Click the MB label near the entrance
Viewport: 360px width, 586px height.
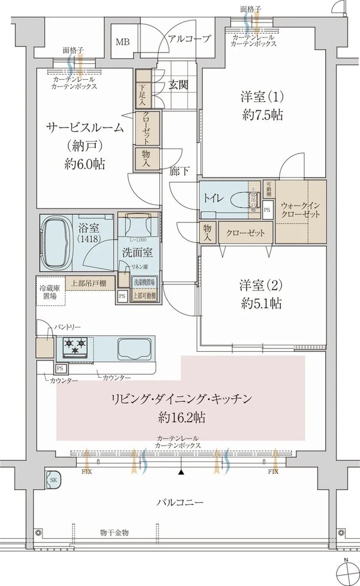tap(122, 42)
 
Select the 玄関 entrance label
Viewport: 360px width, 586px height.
tap(178, 84)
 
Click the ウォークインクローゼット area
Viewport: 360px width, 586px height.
tap(300, 211)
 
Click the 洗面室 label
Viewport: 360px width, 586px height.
tap(138, 253)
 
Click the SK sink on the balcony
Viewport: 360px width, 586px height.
tap(53, 479)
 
